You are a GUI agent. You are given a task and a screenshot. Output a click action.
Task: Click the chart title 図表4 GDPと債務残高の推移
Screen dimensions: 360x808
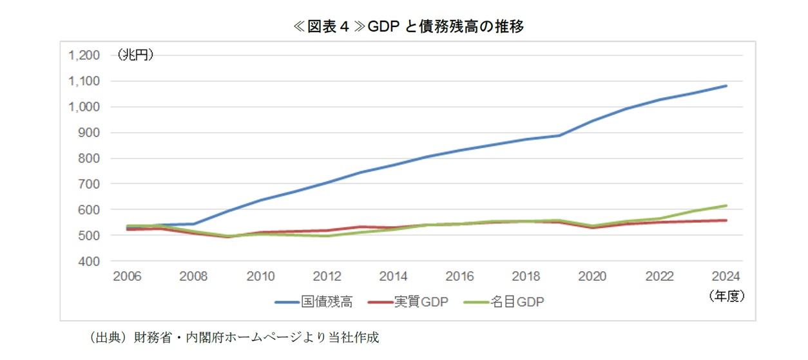pos(405,26)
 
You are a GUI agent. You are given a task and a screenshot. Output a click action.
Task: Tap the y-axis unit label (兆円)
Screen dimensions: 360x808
pos(135,56)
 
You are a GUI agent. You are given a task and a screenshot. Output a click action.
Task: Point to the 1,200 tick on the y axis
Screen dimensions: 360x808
pos(84,55)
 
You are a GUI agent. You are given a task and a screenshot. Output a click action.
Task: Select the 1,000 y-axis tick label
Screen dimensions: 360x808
pos(84,107)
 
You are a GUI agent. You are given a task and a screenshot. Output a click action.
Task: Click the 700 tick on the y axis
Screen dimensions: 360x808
pos(90,184)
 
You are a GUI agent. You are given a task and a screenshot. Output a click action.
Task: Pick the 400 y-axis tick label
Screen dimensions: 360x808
pos(90,261)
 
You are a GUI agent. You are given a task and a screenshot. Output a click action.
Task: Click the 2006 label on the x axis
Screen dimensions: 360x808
pos(127,277)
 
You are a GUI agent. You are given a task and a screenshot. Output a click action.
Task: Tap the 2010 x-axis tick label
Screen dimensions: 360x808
pos(260,277)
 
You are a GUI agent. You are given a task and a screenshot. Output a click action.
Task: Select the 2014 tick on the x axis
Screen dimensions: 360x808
pos(393,277)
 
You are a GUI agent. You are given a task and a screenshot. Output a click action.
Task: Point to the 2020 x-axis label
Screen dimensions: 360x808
pos(593,277)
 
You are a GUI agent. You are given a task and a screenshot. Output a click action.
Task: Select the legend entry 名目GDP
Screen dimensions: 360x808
pos(504,301)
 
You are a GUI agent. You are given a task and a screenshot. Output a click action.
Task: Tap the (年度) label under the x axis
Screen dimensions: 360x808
pos(726,296)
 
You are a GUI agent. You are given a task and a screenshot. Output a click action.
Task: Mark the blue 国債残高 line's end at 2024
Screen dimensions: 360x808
pos(726,86)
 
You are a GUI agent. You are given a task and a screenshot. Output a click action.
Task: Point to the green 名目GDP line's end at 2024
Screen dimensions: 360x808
pos(726,205)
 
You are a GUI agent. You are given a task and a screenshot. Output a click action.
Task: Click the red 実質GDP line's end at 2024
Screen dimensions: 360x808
pos(726,220)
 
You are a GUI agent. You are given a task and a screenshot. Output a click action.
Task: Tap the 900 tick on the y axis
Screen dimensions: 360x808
pos(90,133)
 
